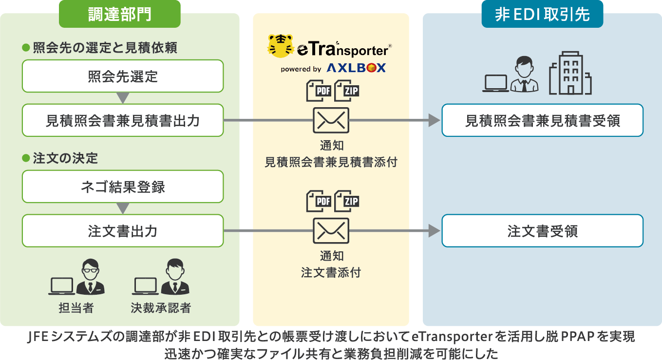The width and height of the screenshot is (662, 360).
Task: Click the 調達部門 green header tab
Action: click(119, 14)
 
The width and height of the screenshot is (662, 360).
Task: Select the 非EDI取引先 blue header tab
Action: click(542, 14)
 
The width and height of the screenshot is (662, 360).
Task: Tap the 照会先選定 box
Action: click(123, 76)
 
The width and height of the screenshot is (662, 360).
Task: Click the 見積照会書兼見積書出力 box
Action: click(123, 120)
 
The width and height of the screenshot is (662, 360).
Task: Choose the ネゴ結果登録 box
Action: click(123, 187)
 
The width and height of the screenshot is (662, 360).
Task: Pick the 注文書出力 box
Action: click(123, 231)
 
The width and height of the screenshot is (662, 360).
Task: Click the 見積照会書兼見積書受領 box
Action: click(542, 120)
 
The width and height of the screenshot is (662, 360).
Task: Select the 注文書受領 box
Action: click(542, 231)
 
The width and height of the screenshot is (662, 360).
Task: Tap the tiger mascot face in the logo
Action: click(281, 46)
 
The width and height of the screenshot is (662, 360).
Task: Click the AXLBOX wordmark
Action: click(356, 69)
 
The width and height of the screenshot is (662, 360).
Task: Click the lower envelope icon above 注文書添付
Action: click(331, 230)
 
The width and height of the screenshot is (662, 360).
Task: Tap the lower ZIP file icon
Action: click(346, 200)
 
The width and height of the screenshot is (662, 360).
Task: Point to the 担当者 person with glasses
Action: click(90, 278)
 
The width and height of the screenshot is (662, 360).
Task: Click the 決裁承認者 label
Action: click(160, 308)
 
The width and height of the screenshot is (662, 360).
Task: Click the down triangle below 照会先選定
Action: click(123, 98)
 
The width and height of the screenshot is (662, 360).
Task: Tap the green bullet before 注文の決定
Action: click(26, 158)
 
